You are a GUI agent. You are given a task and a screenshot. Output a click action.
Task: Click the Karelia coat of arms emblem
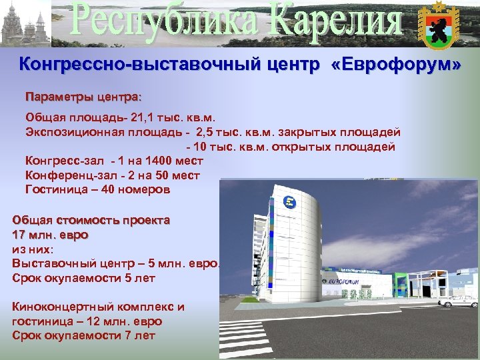(437, 25)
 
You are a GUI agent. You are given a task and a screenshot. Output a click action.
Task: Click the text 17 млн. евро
(51, 235)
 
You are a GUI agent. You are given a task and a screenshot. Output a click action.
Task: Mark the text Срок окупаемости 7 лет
(84, 335)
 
